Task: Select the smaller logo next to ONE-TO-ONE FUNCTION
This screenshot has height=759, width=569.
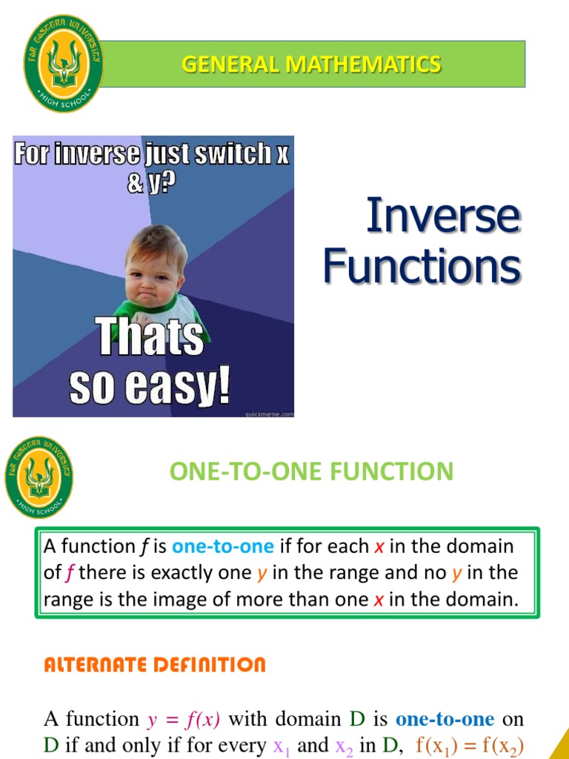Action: pyautogui.click(x=39, y=477)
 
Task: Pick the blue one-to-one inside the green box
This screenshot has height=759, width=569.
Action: pyautogui.click(x=223, y=547)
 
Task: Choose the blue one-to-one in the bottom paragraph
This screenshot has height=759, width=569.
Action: pyautogui.click(x=445, y=719)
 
